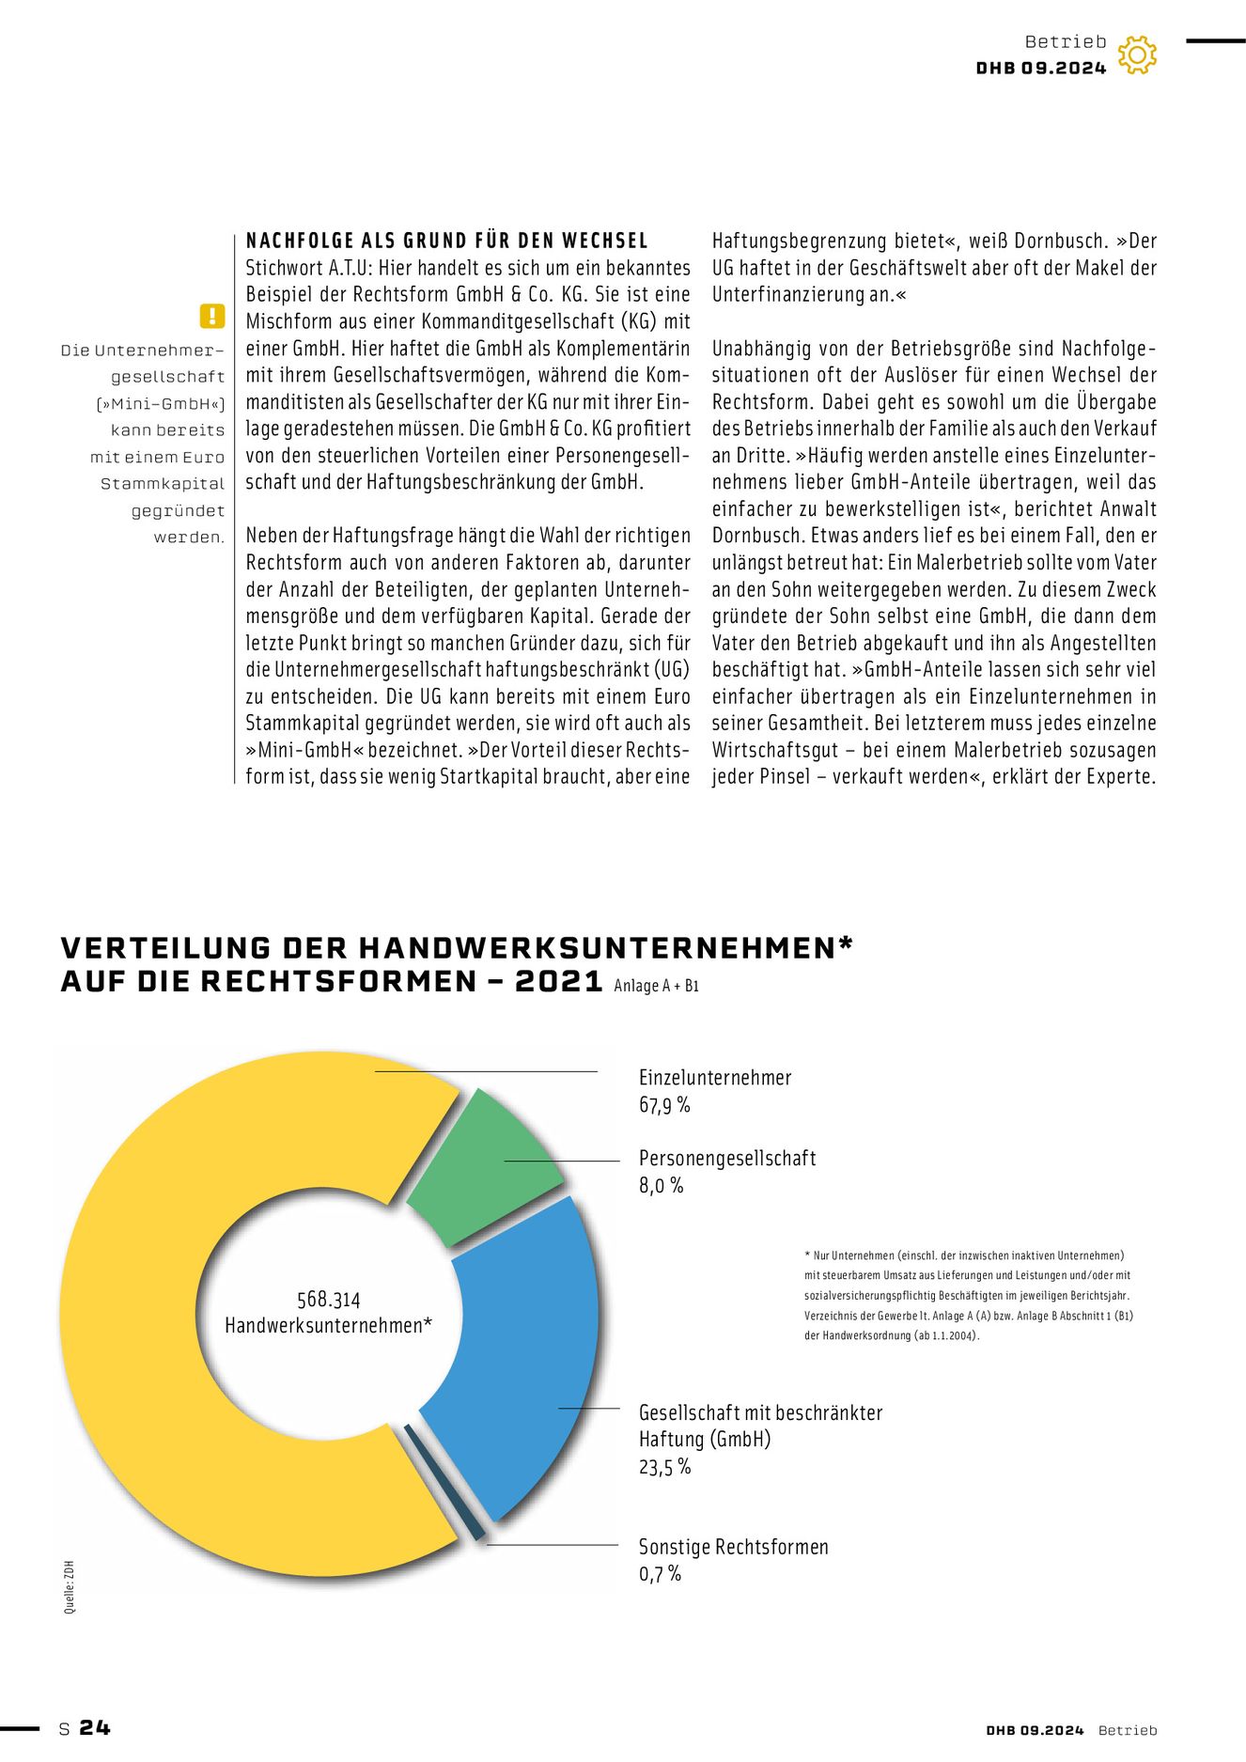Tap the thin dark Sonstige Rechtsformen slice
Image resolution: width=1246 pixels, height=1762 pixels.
coord(444,1483)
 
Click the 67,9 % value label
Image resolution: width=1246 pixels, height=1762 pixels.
coord(664,1105)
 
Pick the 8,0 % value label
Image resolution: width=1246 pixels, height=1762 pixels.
coord(661,1186)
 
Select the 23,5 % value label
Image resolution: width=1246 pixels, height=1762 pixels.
coord(664,1467)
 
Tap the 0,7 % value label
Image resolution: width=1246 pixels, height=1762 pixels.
coord(660,1574)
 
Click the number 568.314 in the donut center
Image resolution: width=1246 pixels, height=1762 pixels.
coord(328,1300)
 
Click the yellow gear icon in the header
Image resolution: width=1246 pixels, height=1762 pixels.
coord(1137,55)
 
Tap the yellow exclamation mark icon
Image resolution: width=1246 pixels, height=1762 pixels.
coord(212,316)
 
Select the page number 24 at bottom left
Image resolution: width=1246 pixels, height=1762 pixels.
coord(95,1728)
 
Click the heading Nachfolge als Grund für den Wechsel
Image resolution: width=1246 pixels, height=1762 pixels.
coord(447,241)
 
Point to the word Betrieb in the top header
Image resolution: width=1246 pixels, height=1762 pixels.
coord(1066,41)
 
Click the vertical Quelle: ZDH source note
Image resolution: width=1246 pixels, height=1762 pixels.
coord(70,1587)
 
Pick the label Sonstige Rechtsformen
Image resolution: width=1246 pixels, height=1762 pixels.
coord(733,1547)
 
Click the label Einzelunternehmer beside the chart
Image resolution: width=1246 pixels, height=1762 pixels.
coord(715,1078)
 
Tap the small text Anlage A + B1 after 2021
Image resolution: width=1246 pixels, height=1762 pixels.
coord(656,986)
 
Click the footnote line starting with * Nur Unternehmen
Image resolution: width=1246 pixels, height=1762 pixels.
coord(964,1255)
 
